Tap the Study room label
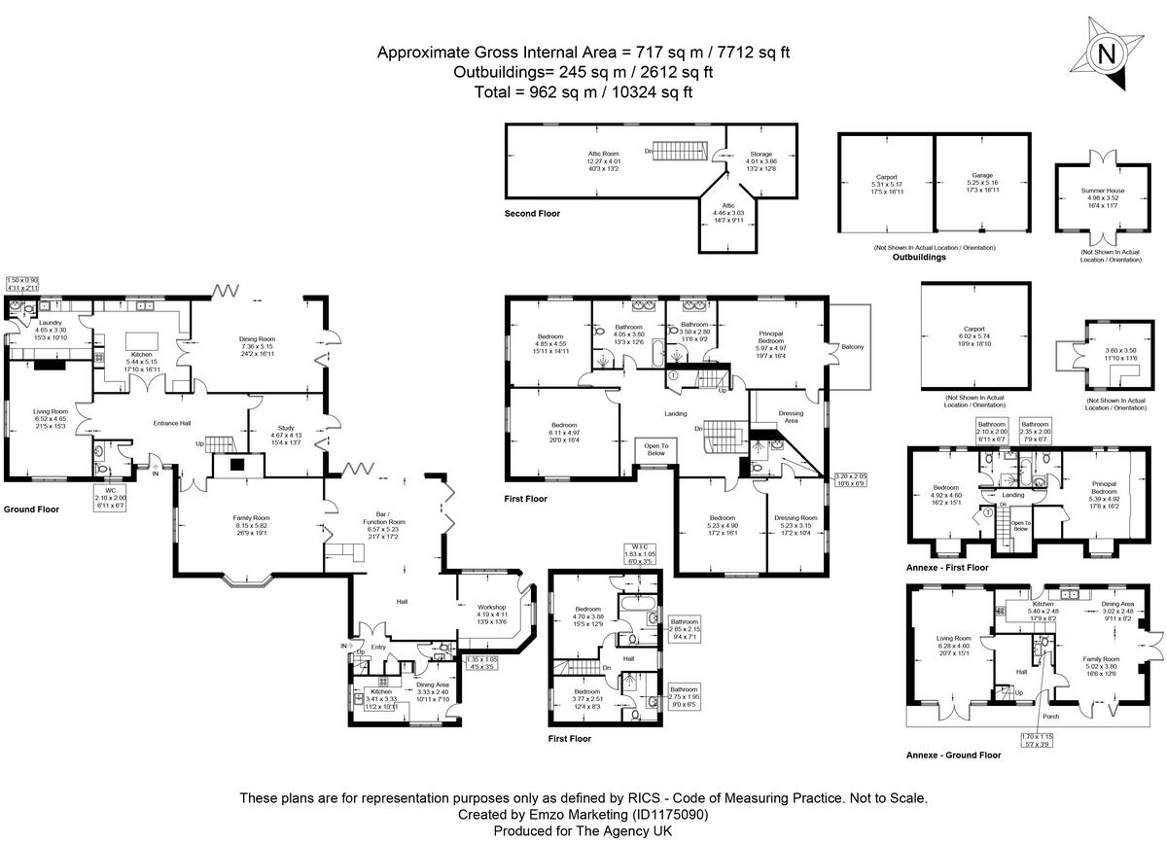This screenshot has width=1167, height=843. click(286, 428)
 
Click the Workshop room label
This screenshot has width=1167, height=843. click(493, 609)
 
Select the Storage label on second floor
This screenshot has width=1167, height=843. click(759, 155)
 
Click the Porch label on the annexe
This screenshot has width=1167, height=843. click(1049, 717)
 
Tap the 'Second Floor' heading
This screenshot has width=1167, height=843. click(532, 213)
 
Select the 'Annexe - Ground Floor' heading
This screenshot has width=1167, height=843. click(953, 755)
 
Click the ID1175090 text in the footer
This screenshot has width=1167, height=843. click(670, 815)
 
